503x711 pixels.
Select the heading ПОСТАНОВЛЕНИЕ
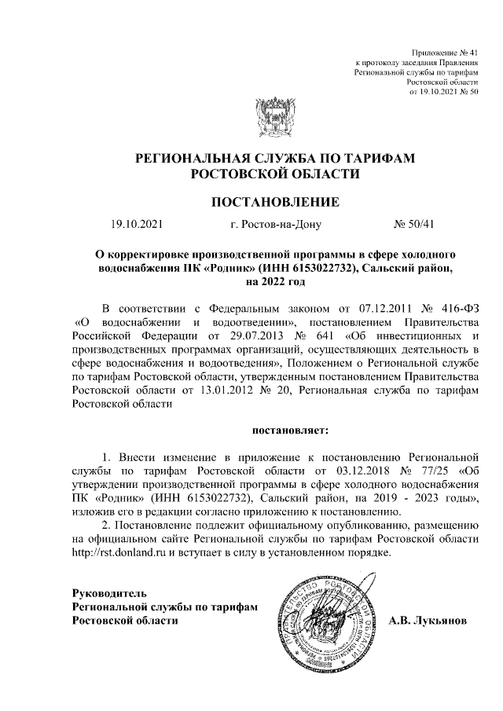tap(274, 202)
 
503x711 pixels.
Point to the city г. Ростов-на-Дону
tap(276, 224)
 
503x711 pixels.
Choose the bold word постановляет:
tap(290, 430)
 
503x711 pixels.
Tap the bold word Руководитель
tap(108, 592)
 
